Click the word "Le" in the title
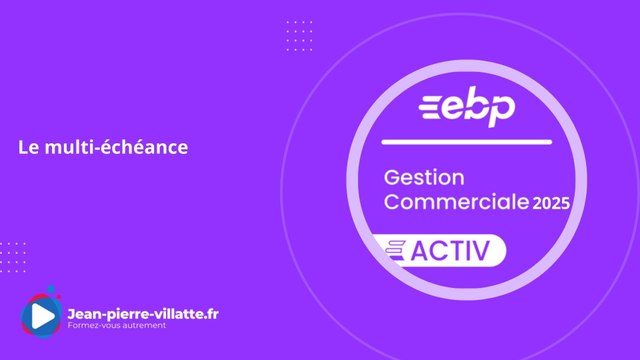(x=28, y=147)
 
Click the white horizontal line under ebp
(x=466, y=142)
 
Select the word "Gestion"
(x=425, y=179)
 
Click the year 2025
(x=551, y=203)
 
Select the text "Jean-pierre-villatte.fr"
(x=142, y=313)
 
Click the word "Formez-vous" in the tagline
(x=96, y=327)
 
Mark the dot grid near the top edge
(x=298, y=36)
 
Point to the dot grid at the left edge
(x=12, y=256)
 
